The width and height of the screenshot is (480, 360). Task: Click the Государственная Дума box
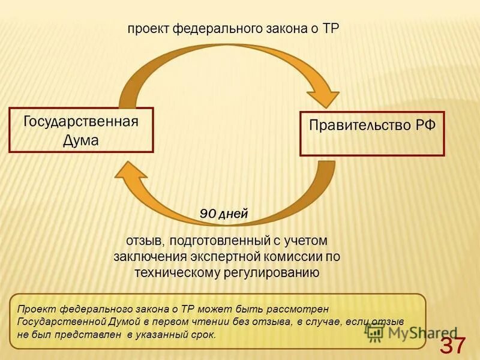point(81,130)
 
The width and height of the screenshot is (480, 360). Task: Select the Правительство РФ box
point(372,133)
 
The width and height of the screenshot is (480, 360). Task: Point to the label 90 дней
point(223,214)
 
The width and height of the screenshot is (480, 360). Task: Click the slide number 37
point(453,346)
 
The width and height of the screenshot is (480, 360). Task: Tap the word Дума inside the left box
point(81,140)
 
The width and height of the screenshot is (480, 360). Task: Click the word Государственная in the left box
point(81,121)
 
